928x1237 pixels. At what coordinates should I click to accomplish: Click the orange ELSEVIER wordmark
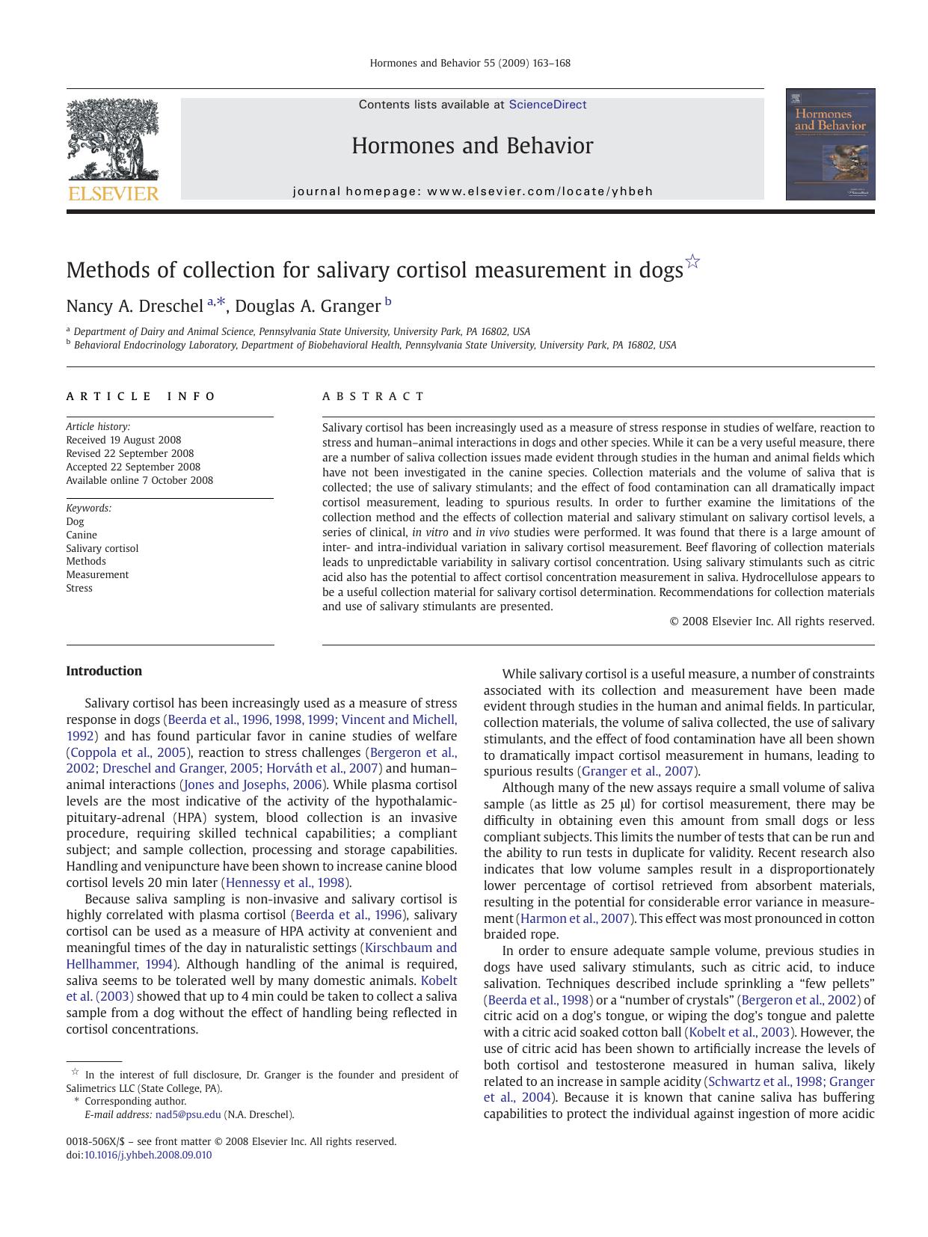113,194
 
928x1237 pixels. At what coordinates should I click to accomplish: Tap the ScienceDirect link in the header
547,105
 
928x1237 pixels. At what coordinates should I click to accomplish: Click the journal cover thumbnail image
830,144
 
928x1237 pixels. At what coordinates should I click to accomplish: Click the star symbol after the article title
693,262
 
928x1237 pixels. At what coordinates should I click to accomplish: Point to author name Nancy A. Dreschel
135,306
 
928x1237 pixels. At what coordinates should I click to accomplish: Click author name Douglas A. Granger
307,306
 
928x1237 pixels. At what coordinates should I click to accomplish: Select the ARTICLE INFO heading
141,396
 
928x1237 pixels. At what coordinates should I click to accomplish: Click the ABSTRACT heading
373,396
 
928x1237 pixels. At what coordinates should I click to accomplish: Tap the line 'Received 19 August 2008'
123,440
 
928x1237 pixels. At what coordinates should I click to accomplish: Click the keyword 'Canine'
82,535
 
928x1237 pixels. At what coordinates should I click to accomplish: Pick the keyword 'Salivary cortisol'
102,548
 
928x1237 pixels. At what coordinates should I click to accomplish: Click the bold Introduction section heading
104,671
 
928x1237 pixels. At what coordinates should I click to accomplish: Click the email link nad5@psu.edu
188,1114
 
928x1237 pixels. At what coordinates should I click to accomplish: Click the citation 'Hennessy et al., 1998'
286,883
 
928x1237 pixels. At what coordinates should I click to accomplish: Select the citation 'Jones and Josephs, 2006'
253,785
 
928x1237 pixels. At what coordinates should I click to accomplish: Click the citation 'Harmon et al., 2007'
575,918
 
